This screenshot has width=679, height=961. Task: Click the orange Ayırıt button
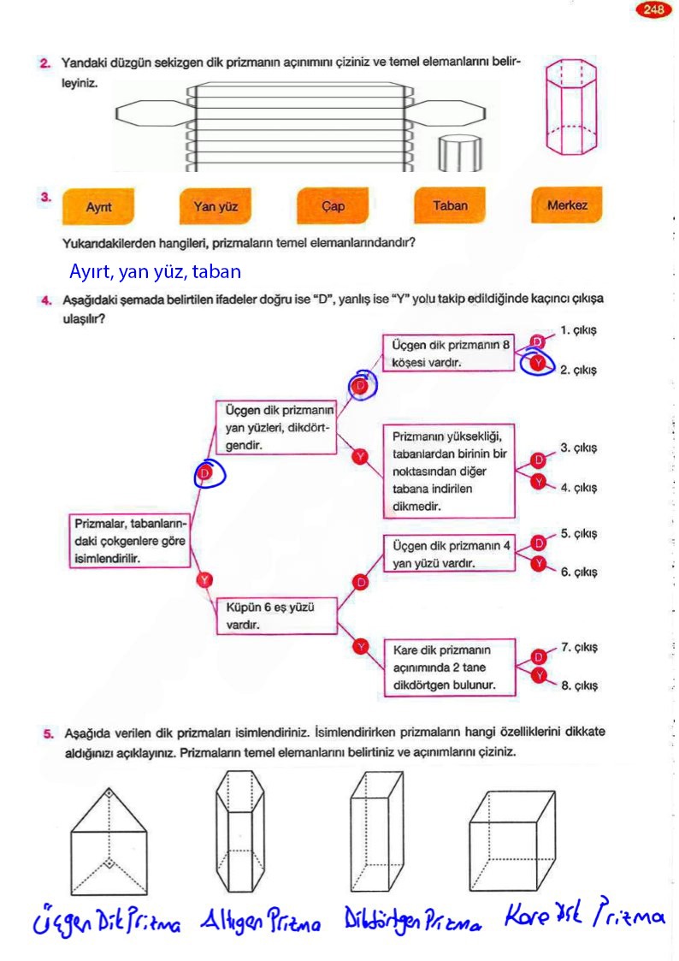(99, 206)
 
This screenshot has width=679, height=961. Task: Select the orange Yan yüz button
(216, 206)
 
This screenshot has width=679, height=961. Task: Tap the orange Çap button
(333, 206)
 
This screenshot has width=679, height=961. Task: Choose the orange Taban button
(450, 205)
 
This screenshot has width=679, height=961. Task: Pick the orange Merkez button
(567, 205)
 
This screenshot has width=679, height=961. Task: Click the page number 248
(654, 10)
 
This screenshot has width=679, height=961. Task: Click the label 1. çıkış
(578, 329)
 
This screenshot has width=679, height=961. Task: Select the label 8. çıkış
(578, 685)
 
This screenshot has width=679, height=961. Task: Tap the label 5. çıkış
(578, 533)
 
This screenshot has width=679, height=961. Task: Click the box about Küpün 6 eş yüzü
(278, 615)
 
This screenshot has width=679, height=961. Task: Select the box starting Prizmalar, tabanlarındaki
(130, 539)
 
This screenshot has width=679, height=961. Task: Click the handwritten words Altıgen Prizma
(261, 922)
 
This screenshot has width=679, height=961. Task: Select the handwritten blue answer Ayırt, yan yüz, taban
(155, 272)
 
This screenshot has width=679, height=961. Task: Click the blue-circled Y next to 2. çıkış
(536, 365)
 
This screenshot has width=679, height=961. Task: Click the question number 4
(44, 301)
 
